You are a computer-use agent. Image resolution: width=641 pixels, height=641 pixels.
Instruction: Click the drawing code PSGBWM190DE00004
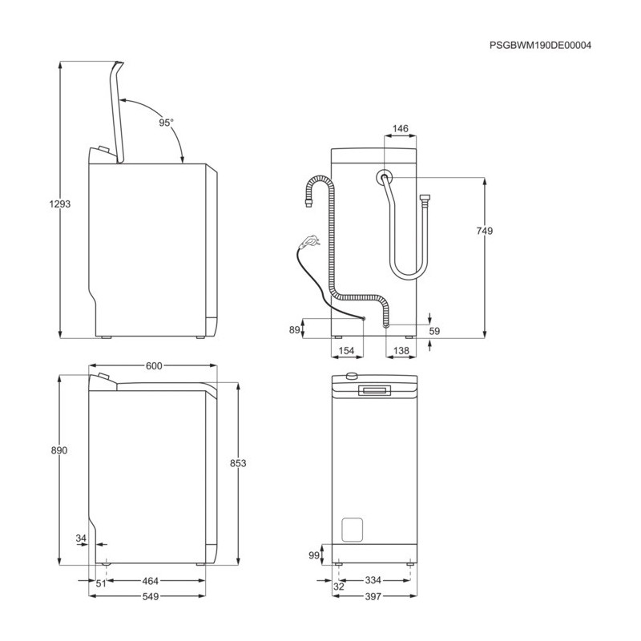point(540,46)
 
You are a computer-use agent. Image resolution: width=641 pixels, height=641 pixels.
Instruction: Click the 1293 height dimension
point(59,204)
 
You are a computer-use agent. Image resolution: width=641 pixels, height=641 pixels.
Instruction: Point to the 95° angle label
point(167,123)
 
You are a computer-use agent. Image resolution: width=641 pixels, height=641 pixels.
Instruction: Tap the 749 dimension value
point(485,231)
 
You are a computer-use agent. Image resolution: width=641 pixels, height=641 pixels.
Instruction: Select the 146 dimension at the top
point(400,128)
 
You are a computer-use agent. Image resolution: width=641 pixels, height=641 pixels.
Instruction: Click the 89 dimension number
point(294,329)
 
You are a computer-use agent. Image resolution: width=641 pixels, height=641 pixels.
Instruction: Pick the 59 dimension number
point(434,331)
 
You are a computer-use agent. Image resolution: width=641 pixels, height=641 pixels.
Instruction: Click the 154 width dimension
point(346,350)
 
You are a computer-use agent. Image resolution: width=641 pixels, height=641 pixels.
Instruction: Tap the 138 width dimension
point(401,350)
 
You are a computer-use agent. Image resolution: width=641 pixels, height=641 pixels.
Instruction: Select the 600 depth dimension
point(154,366)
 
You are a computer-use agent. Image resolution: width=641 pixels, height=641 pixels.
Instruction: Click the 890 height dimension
point(59,450)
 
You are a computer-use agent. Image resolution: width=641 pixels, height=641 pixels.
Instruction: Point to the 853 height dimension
point(238,463)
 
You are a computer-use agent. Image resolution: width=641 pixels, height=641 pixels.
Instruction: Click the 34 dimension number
point(81,538)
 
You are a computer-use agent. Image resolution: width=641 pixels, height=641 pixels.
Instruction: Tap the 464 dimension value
point(151,581)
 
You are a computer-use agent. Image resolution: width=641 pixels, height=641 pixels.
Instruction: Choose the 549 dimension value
point(151,596)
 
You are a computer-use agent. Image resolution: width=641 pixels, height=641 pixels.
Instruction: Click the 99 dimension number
point(314,555)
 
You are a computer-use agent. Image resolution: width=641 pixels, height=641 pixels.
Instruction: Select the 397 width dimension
point(373,596)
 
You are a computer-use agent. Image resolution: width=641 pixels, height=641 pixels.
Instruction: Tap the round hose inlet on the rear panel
point(385,177)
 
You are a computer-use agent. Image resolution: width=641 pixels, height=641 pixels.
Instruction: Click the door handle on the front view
point(374,390)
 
